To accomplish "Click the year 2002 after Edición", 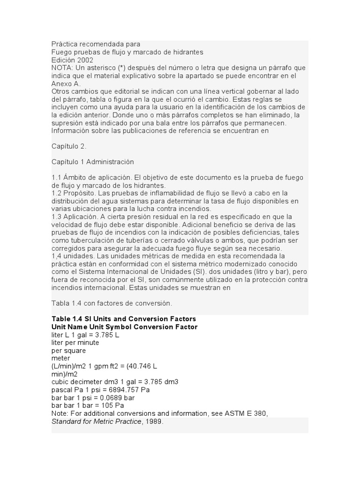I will coord(85,60).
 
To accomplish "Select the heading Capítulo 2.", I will coord(69,146).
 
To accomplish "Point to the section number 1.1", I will coord(57,178).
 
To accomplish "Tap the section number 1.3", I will coord(57,217).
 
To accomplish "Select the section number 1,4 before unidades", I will coord(57,255).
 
